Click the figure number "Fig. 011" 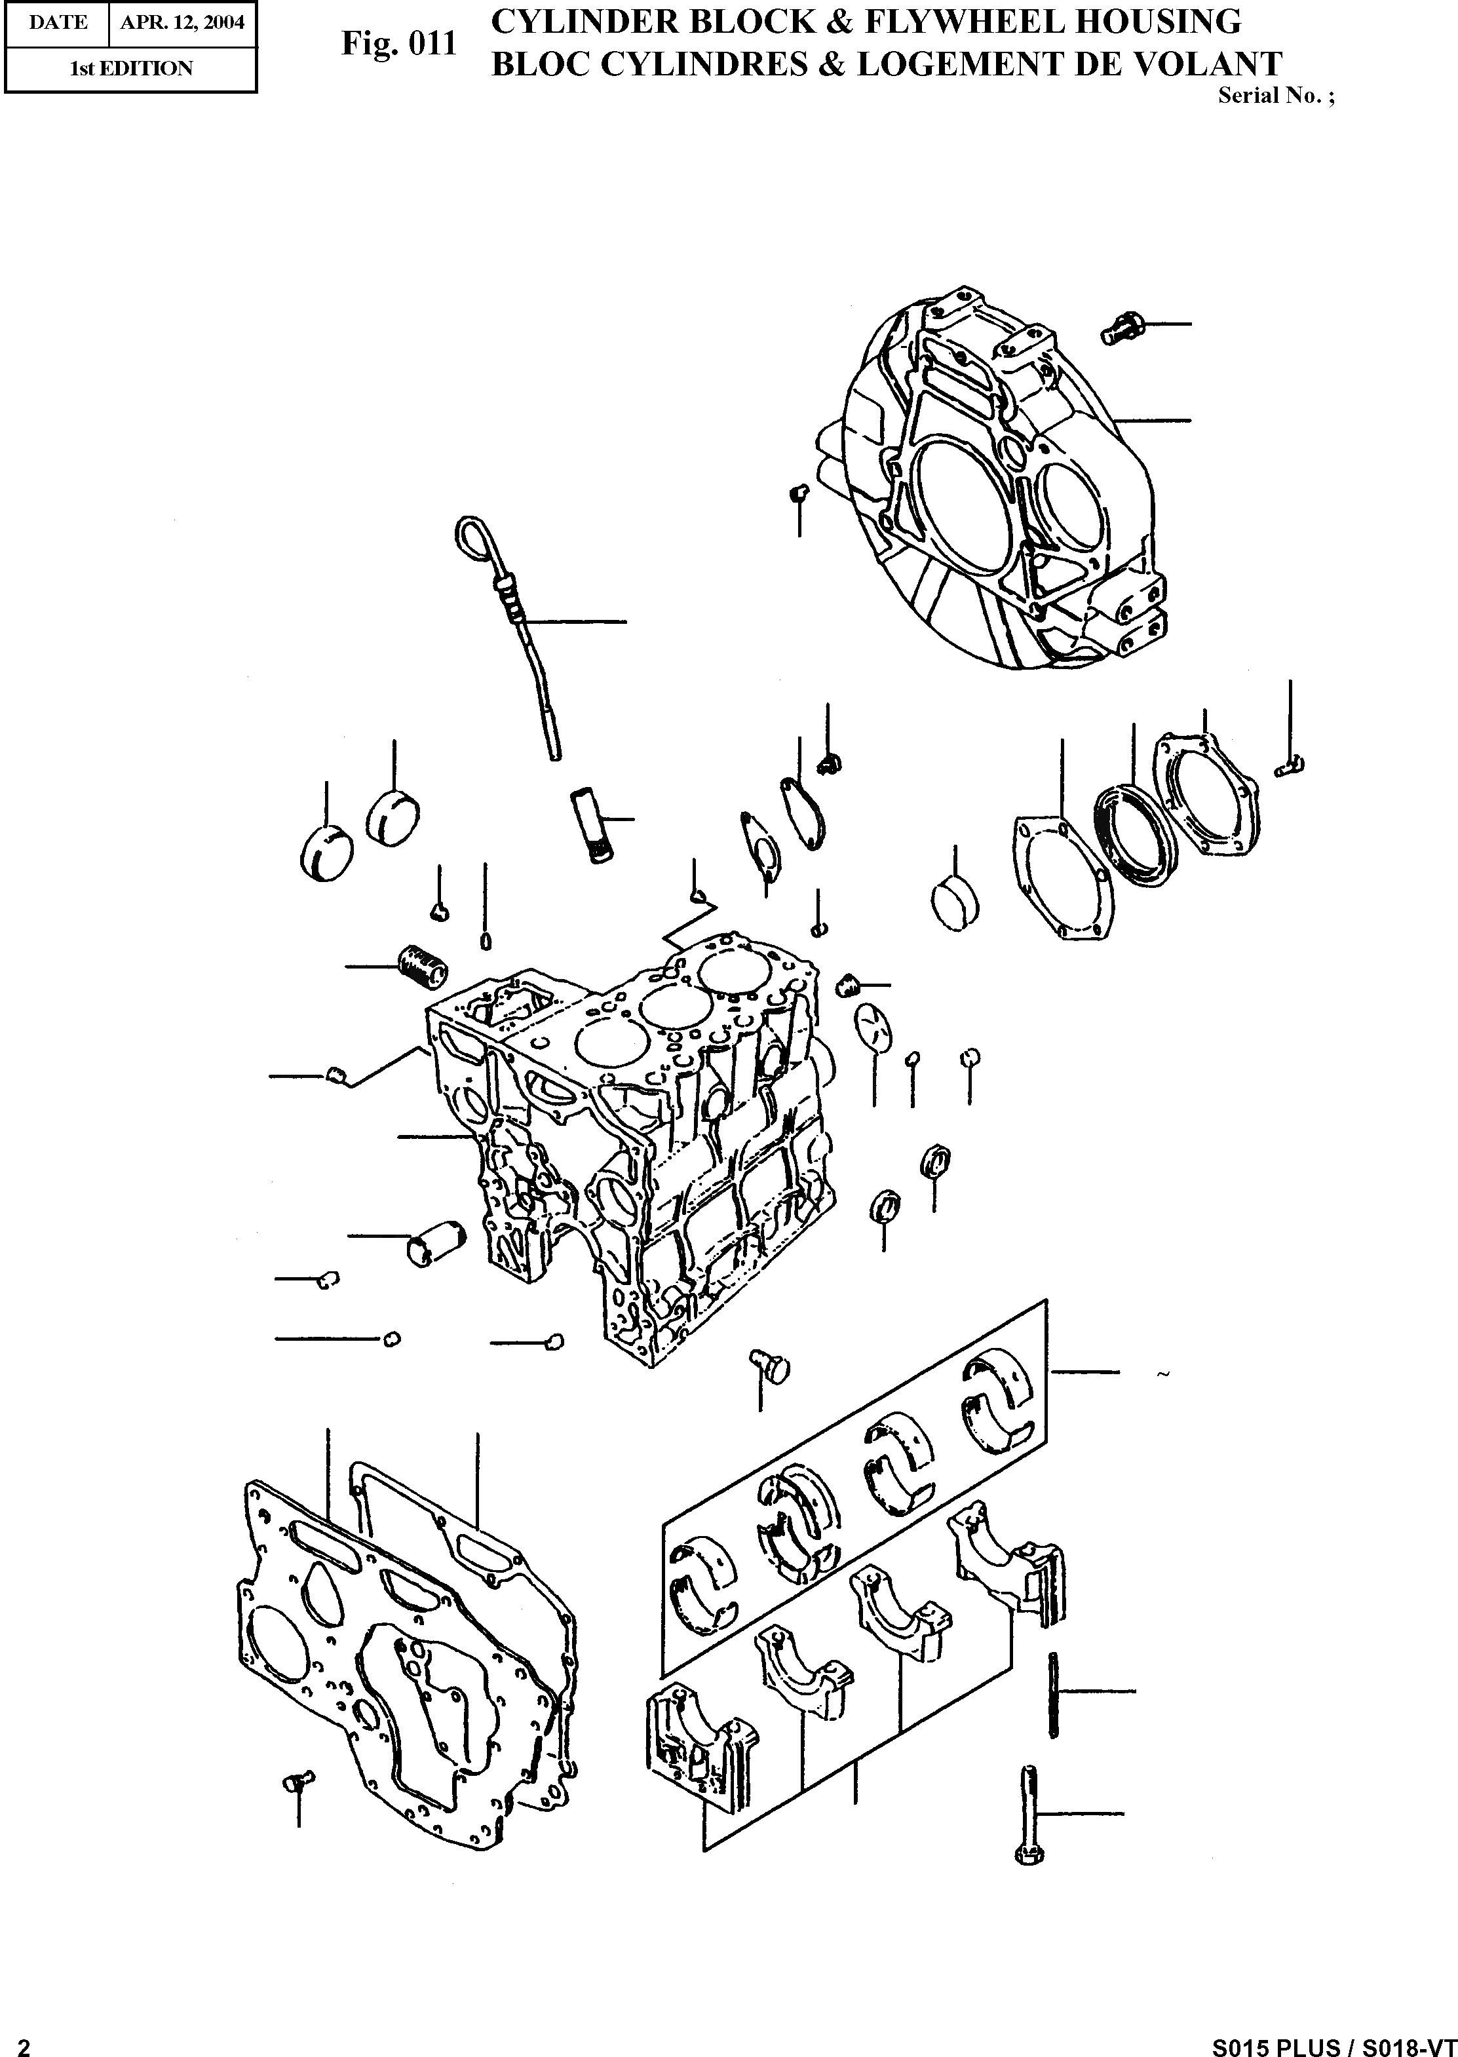pos(398,44)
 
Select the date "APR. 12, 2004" pos(182,22)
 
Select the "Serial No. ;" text pos(1276,97)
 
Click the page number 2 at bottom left pos(24,2041)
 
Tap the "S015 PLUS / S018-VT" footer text pos(1334,2041)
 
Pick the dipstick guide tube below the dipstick pos(589,824)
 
